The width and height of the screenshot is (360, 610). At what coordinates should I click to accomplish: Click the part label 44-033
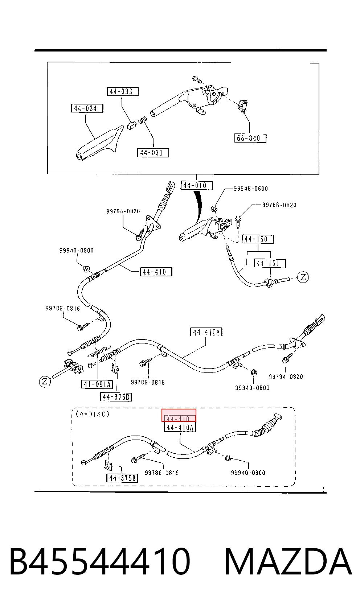123,91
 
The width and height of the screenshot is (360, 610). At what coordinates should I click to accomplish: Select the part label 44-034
87,108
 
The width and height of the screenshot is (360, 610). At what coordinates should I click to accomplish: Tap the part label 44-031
153,153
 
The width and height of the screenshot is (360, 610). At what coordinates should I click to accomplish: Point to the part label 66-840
250,138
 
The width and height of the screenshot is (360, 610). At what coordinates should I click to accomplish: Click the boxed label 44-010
196,185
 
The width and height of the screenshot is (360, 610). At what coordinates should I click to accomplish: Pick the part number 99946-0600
251,189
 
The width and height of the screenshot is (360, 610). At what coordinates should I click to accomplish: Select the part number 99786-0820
279,205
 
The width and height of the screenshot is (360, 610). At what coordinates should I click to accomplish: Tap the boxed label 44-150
258,239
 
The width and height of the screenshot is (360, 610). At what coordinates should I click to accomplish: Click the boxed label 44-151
270,263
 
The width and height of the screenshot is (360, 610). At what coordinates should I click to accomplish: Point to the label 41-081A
97,384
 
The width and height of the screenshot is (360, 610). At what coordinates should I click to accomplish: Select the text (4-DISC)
93,414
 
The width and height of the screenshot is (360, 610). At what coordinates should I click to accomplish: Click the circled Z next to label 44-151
303,277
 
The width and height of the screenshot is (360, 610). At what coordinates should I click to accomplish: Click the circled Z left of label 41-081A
45,381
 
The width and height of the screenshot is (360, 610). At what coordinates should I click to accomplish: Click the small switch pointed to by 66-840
243,106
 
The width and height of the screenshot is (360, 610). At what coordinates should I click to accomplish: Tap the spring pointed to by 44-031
143,120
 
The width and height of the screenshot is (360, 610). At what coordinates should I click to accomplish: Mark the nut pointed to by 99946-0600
214,209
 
